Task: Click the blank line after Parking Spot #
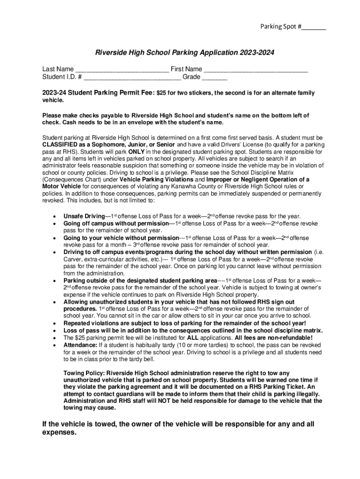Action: coord(314,27)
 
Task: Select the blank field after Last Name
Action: coord(122,70)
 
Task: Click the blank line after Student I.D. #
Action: coord(132,77)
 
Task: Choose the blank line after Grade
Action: coord(215,77)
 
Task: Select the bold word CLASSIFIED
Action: coord(60,145)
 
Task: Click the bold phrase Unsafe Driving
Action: coord(84,217)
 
